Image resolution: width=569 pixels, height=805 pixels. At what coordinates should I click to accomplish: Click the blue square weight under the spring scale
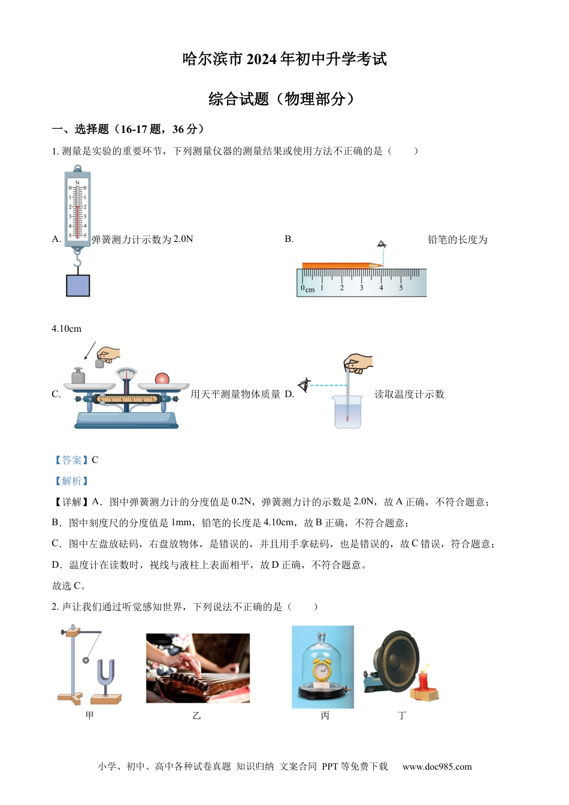coord(78,286)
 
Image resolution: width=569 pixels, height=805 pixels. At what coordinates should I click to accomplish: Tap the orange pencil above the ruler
coord(341,265)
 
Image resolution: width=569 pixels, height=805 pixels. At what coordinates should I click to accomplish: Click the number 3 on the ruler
coord(361,288)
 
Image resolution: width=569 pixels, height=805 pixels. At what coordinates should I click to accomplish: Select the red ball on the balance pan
coord(162,379)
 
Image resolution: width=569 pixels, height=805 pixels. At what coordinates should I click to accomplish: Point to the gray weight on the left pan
coord(78,376)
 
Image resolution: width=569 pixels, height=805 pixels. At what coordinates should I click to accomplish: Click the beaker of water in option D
coord(348,412)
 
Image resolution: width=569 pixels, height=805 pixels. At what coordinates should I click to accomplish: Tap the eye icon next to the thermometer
coord(305,385)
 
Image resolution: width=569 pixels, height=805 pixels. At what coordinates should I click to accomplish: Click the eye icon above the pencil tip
coord(382,244)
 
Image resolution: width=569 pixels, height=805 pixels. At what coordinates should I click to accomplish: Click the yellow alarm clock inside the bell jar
coord(322,670)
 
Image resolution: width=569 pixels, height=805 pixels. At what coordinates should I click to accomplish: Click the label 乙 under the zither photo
coord(196,716)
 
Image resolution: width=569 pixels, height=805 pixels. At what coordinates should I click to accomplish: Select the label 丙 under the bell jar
coord(325,716)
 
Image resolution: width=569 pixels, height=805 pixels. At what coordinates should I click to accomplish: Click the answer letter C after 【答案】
coord(95,460)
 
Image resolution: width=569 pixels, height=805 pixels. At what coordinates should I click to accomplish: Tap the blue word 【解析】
coord(71,481)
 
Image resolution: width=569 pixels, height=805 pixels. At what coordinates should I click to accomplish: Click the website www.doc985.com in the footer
coord(437,767)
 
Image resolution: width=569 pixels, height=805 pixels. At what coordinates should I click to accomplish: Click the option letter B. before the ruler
coord(289,239)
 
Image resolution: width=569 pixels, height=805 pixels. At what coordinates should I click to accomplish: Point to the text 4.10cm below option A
coord(66,329)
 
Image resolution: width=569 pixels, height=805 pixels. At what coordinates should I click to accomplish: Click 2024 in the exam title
coord(261,59)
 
